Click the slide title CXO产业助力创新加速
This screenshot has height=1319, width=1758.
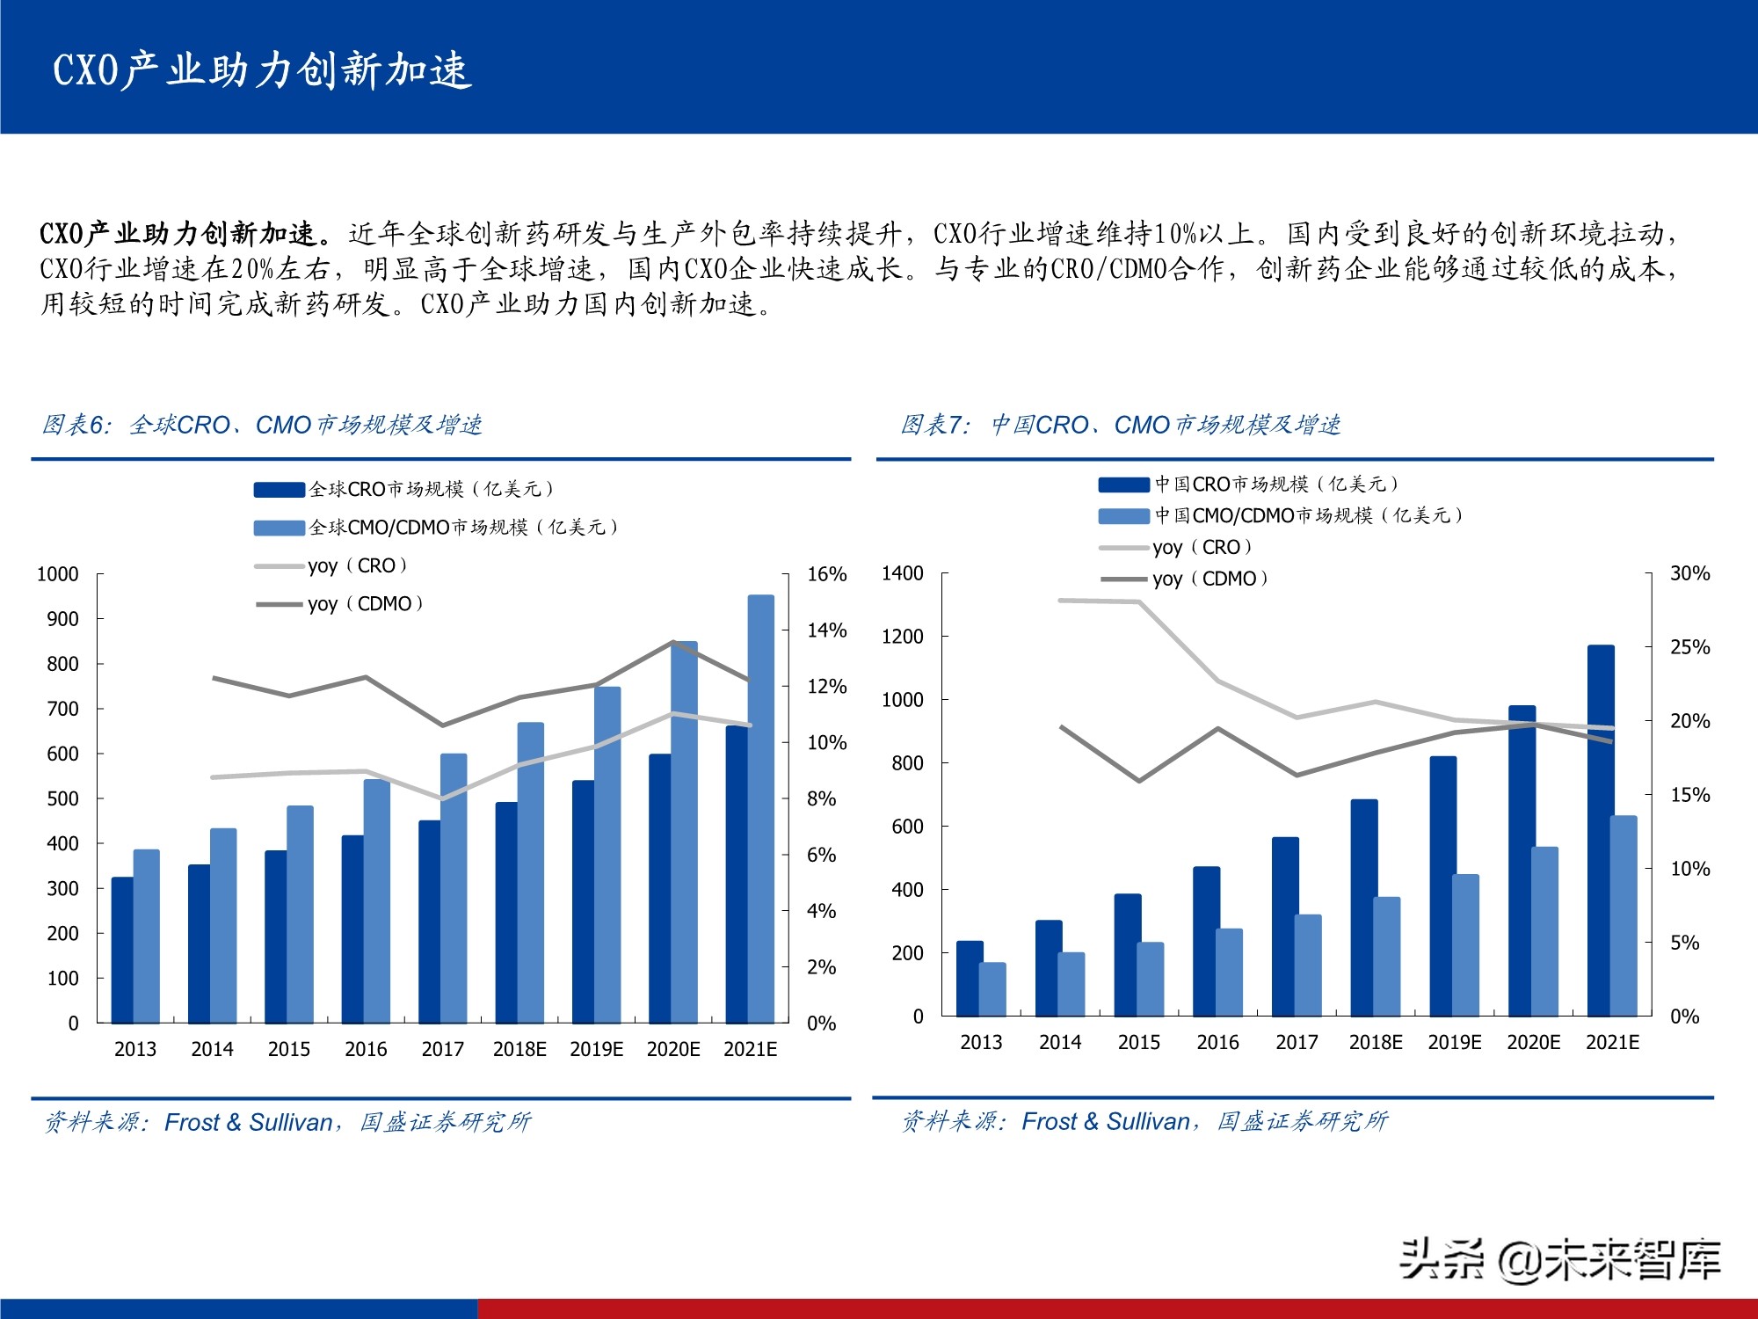tap(262, 70)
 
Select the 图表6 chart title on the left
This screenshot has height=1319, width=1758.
tap(262, 426)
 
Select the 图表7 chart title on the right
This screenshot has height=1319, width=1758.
tap(1121, 426)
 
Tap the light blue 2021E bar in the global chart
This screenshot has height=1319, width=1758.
tap(761, 809)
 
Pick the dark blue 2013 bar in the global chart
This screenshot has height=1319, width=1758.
tap(122, 950)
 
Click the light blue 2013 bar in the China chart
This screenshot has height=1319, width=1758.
tap(992, 989)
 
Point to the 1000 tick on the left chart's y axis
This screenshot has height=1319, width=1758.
tap(58, 574)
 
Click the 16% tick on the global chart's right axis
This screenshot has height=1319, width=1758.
tap(826, 574)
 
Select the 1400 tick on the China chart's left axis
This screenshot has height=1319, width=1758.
tap(902, 573)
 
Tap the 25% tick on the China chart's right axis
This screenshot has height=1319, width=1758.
tap(1689, 647)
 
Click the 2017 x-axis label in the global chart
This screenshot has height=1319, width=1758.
tap(442, 1049)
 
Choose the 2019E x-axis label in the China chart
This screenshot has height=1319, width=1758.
tap(1454, 1042)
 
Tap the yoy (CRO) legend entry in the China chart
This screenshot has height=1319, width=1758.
tap(1202, 547)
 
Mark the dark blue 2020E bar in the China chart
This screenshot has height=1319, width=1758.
tap(1522, 862)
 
